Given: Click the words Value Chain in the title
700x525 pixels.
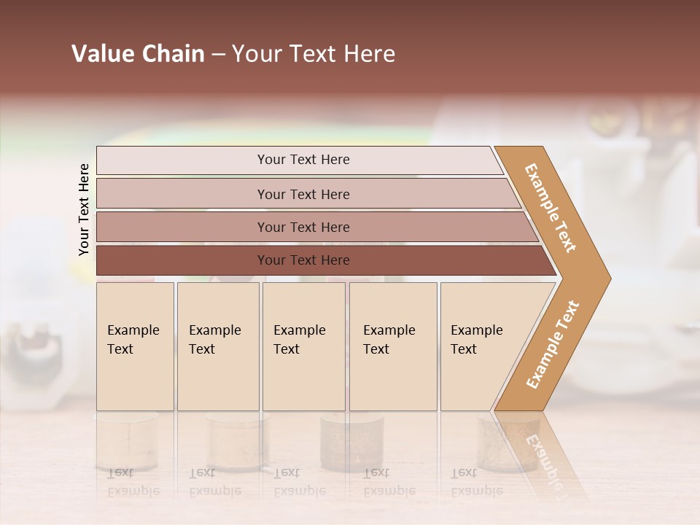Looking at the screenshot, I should [x=138, y=54].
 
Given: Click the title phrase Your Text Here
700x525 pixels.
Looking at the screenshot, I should [x=314, y=54].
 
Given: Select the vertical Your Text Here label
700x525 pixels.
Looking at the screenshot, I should [x=84, y=209].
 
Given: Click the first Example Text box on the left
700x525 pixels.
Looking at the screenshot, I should [x=135, y=346].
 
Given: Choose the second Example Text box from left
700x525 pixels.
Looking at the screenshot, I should [x=218, y=346].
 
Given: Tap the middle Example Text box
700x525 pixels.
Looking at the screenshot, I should [x=303, y=346].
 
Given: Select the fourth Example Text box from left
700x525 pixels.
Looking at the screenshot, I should [x=393, y=346].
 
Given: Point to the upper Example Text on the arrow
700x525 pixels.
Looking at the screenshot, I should [x=551, y=208].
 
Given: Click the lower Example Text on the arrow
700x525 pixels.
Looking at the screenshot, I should [x=553, y=344].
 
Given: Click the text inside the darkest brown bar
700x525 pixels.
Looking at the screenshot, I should [x=303, y=260].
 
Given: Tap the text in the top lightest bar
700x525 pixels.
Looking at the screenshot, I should [x=303, y=160].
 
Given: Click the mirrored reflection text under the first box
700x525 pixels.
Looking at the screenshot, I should [x=133, y=481].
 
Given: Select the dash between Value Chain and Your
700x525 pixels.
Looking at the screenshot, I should [x=218, y=55].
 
